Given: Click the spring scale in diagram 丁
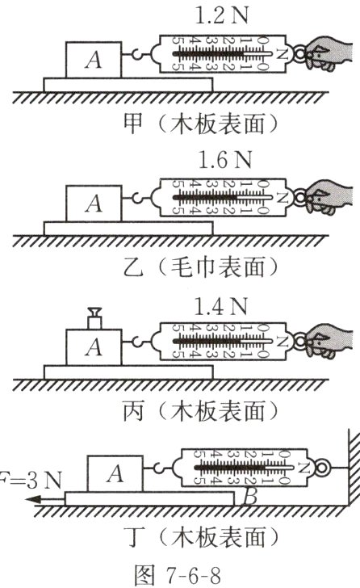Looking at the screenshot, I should pyautogui.click(x=242, y=468).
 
